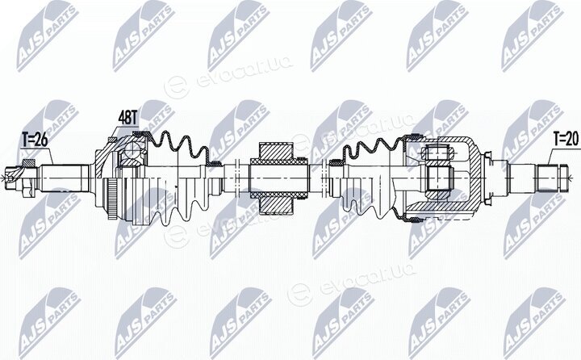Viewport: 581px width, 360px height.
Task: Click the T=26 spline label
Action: pos(35,140)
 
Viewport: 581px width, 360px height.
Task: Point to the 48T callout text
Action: pos(127,119)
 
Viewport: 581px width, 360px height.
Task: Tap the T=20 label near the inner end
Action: pos(566,139)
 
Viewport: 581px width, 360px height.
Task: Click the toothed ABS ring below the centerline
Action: pos(111,199)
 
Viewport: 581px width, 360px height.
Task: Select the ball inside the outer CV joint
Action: pos(132,150)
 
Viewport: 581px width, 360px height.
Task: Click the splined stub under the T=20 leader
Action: pos(548,178)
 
